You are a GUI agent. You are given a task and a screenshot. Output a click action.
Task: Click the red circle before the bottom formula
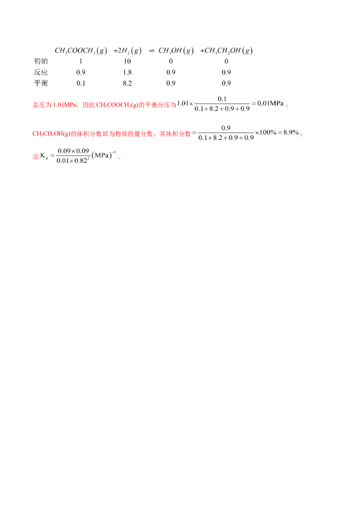[x=36, y=157]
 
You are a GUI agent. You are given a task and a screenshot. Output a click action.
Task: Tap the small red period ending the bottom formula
[x=120, y=158]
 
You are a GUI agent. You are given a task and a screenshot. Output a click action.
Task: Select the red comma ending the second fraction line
[x=300, y=134]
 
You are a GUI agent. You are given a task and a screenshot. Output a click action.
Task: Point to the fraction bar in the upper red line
[x=224, y=103]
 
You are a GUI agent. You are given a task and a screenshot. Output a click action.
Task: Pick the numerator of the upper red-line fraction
[x=224, y=98]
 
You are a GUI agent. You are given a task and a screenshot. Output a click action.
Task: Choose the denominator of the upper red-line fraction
[x=224, y=108]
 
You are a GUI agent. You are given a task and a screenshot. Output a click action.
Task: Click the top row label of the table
[x=40, y=62]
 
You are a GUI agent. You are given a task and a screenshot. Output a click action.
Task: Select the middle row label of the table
[x=41, y=72]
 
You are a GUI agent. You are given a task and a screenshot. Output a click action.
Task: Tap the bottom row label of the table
[x=41, y=82]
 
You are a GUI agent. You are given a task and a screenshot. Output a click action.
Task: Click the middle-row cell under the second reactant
[x=128, y=72]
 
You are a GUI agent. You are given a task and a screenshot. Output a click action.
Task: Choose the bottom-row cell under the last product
[x=228, y=82]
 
